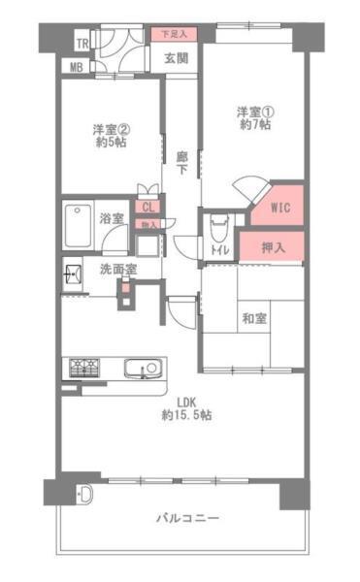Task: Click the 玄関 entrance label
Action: click(x=177, y=58)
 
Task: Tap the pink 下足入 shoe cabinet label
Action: click(x=175, y=34)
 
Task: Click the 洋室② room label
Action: click(x=112, y=135)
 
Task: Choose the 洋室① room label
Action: click(x=255, y=117)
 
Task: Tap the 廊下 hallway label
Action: click(x=181, y=163)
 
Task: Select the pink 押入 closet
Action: click(x=275, y=246)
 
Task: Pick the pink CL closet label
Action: click(x=148, y=206)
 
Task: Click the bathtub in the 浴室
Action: click(x=78, y=228)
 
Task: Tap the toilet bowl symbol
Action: click(x=218, y=229)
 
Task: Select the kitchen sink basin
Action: click(x=141, y=369)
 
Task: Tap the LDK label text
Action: click(x=186, y=408)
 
